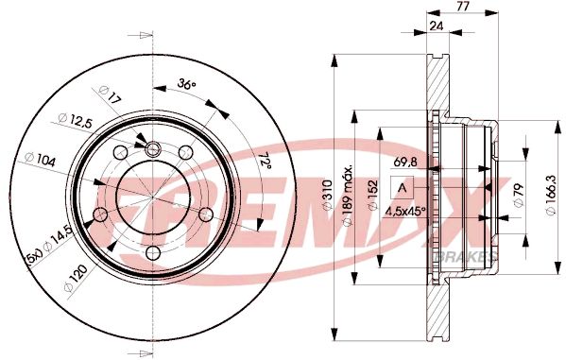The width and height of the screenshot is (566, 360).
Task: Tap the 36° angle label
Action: tap(187, 86)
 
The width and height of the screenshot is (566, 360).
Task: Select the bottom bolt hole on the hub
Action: tap(153, 251)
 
